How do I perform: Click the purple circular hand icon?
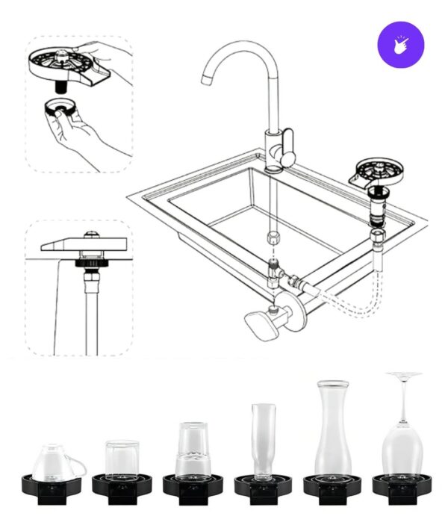[401, 44]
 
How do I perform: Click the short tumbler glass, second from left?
[122, 457]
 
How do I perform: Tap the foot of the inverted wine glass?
[403, 375]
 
